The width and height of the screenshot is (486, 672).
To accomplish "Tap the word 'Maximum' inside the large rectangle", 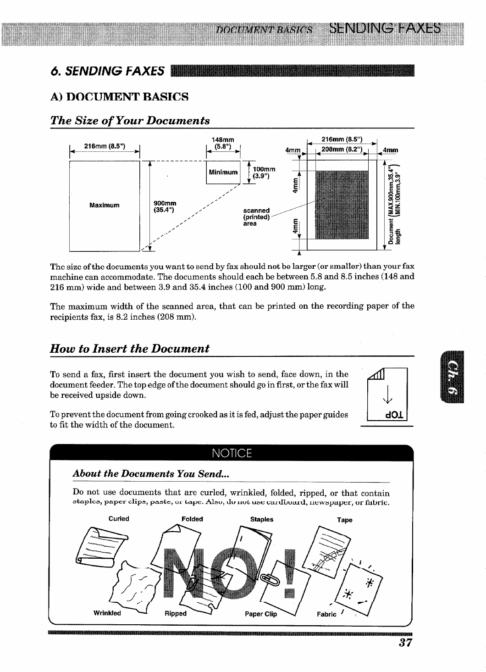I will point(105,205).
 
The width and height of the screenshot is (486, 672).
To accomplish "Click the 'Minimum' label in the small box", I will point(223,172).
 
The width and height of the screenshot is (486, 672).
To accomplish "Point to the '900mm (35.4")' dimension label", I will point(164,207).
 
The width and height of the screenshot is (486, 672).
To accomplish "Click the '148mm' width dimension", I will point(223,139).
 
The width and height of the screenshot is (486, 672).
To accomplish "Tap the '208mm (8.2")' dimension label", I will point(342,149).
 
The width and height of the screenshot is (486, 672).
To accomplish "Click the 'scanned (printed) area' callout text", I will point(256,217).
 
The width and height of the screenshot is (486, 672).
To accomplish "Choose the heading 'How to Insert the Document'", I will point(130,348).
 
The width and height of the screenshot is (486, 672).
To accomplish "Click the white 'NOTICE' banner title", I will point(232,454).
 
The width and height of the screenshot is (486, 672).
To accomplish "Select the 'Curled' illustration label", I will point(119,519).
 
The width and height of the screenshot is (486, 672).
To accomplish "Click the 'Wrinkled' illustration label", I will point(107,613).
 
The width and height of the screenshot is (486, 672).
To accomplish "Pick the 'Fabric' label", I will point(326,614).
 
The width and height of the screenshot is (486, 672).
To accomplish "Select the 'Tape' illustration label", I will point(344,520).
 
